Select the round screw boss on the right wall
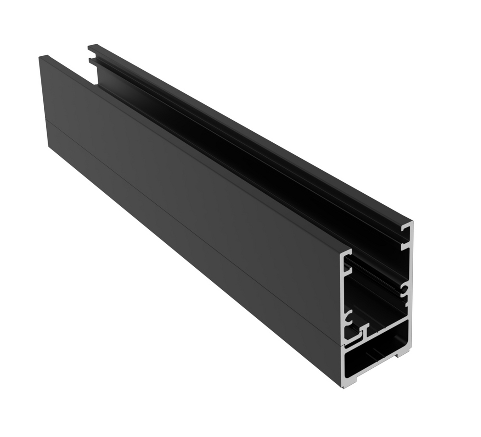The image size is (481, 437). click(405, 289)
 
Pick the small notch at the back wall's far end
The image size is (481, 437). click(90, 61)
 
